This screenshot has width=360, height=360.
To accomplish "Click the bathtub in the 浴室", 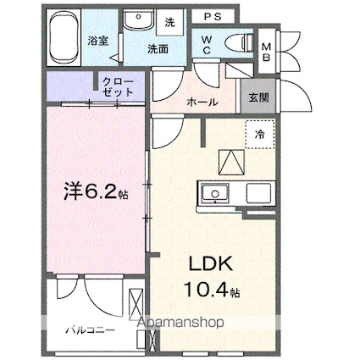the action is pos(64,37).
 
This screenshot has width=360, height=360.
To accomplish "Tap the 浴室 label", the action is pos(97,42).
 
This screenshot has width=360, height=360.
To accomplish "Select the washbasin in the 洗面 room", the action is pos(138,19).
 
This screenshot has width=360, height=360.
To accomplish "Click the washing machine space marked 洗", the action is pos(169,23).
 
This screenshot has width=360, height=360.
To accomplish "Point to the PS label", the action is pos(213,17).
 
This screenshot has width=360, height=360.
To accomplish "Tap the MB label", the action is pos(267,52).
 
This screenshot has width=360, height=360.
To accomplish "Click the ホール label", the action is pos(202,102).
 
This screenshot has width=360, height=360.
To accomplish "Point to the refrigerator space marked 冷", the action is pos(260,135).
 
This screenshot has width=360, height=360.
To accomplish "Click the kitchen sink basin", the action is pos(215,193).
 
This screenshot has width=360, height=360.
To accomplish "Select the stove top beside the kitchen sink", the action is pos(258,193).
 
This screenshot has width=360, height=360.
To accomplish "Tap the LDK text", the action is pos(211,263).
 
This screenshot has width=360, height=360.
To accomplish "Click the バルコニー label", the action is pos(91,330).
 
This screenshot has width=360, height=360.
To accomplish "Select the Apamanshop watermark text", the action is pos(180,322).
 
